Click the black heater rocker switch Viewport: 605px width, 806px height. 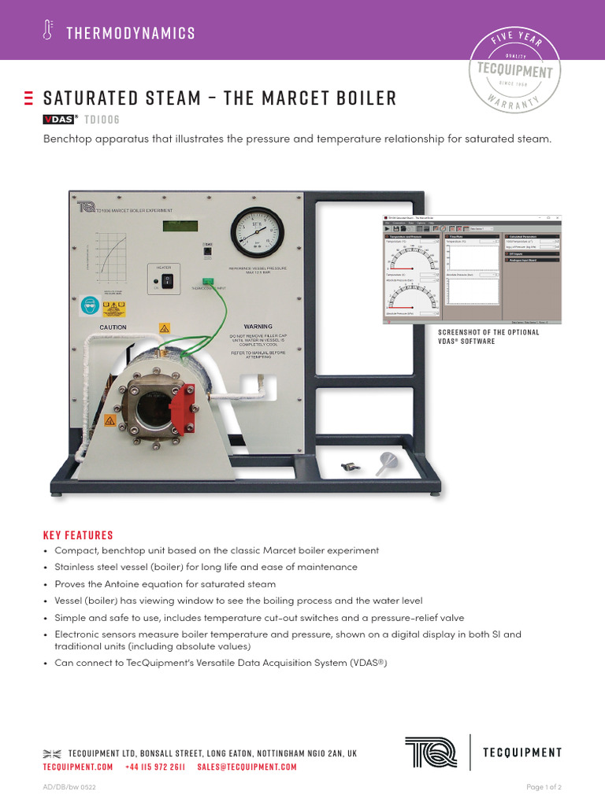coord(167,280)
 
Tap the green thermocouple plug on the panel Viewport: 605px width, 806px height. coord(209,282)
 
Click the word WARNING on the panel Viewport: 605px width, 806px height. coord(258,326)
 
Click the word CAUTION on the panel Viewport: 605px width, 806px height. coord(113,327)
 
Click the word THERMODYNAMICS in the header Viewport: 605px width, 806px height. coord(131,33)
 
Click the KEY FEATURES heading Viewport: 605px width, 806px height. coord(78,534)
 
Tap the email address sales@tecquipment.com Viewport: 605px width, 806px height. coord(247,767)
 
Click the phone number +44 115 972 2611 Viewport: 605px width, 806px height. coord(155,767)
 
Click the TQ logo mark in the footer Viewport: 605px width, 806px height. coord(430,752)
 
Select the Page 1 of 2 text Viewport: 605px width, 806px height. coord(544,787)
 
